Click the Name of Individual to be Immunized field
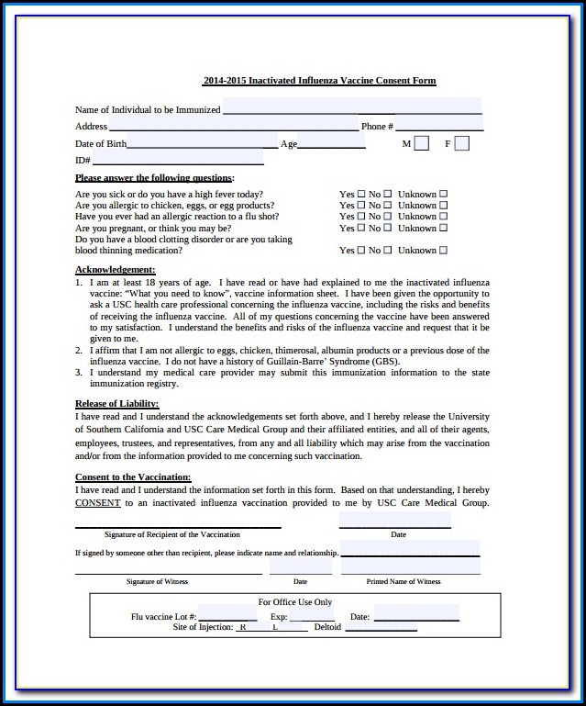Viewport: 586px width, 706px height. click(x=352, y=107)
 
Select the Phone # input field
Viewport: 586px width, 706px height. click(x=439, y=125)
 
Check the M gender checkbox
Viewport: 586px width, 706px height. click(x=421, y=143)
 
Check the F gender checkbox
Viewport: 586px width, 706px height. click(x=462, y=143)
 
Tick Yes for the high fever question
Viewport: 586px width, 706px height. click(x=360, y=194)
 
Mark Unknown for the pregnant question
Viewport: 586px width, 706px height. click(x=443, y=228)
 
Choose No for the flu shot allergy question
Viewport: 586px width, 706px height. click(x=387, y=217)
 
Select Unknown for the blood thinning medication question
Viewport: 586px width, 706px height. click(x=443, y=250)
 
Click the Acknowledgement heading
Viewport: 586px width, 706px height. click(x=115, y=269)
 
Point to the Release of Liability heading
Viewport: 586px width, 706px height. click(x=116, y=403)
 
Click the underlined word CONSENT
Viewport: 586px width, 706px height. click(x=97, y=502)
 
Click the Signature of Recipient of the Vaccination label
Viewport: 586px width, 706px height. click(x=172, y=534)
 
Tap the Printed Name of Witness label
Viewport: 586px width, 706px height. click(x=404, y=581)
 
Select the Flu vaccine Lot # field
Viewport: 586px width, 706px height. click(x=227, y=616)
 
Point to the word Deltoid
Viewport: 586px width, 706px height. click(x=327, y=627)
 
